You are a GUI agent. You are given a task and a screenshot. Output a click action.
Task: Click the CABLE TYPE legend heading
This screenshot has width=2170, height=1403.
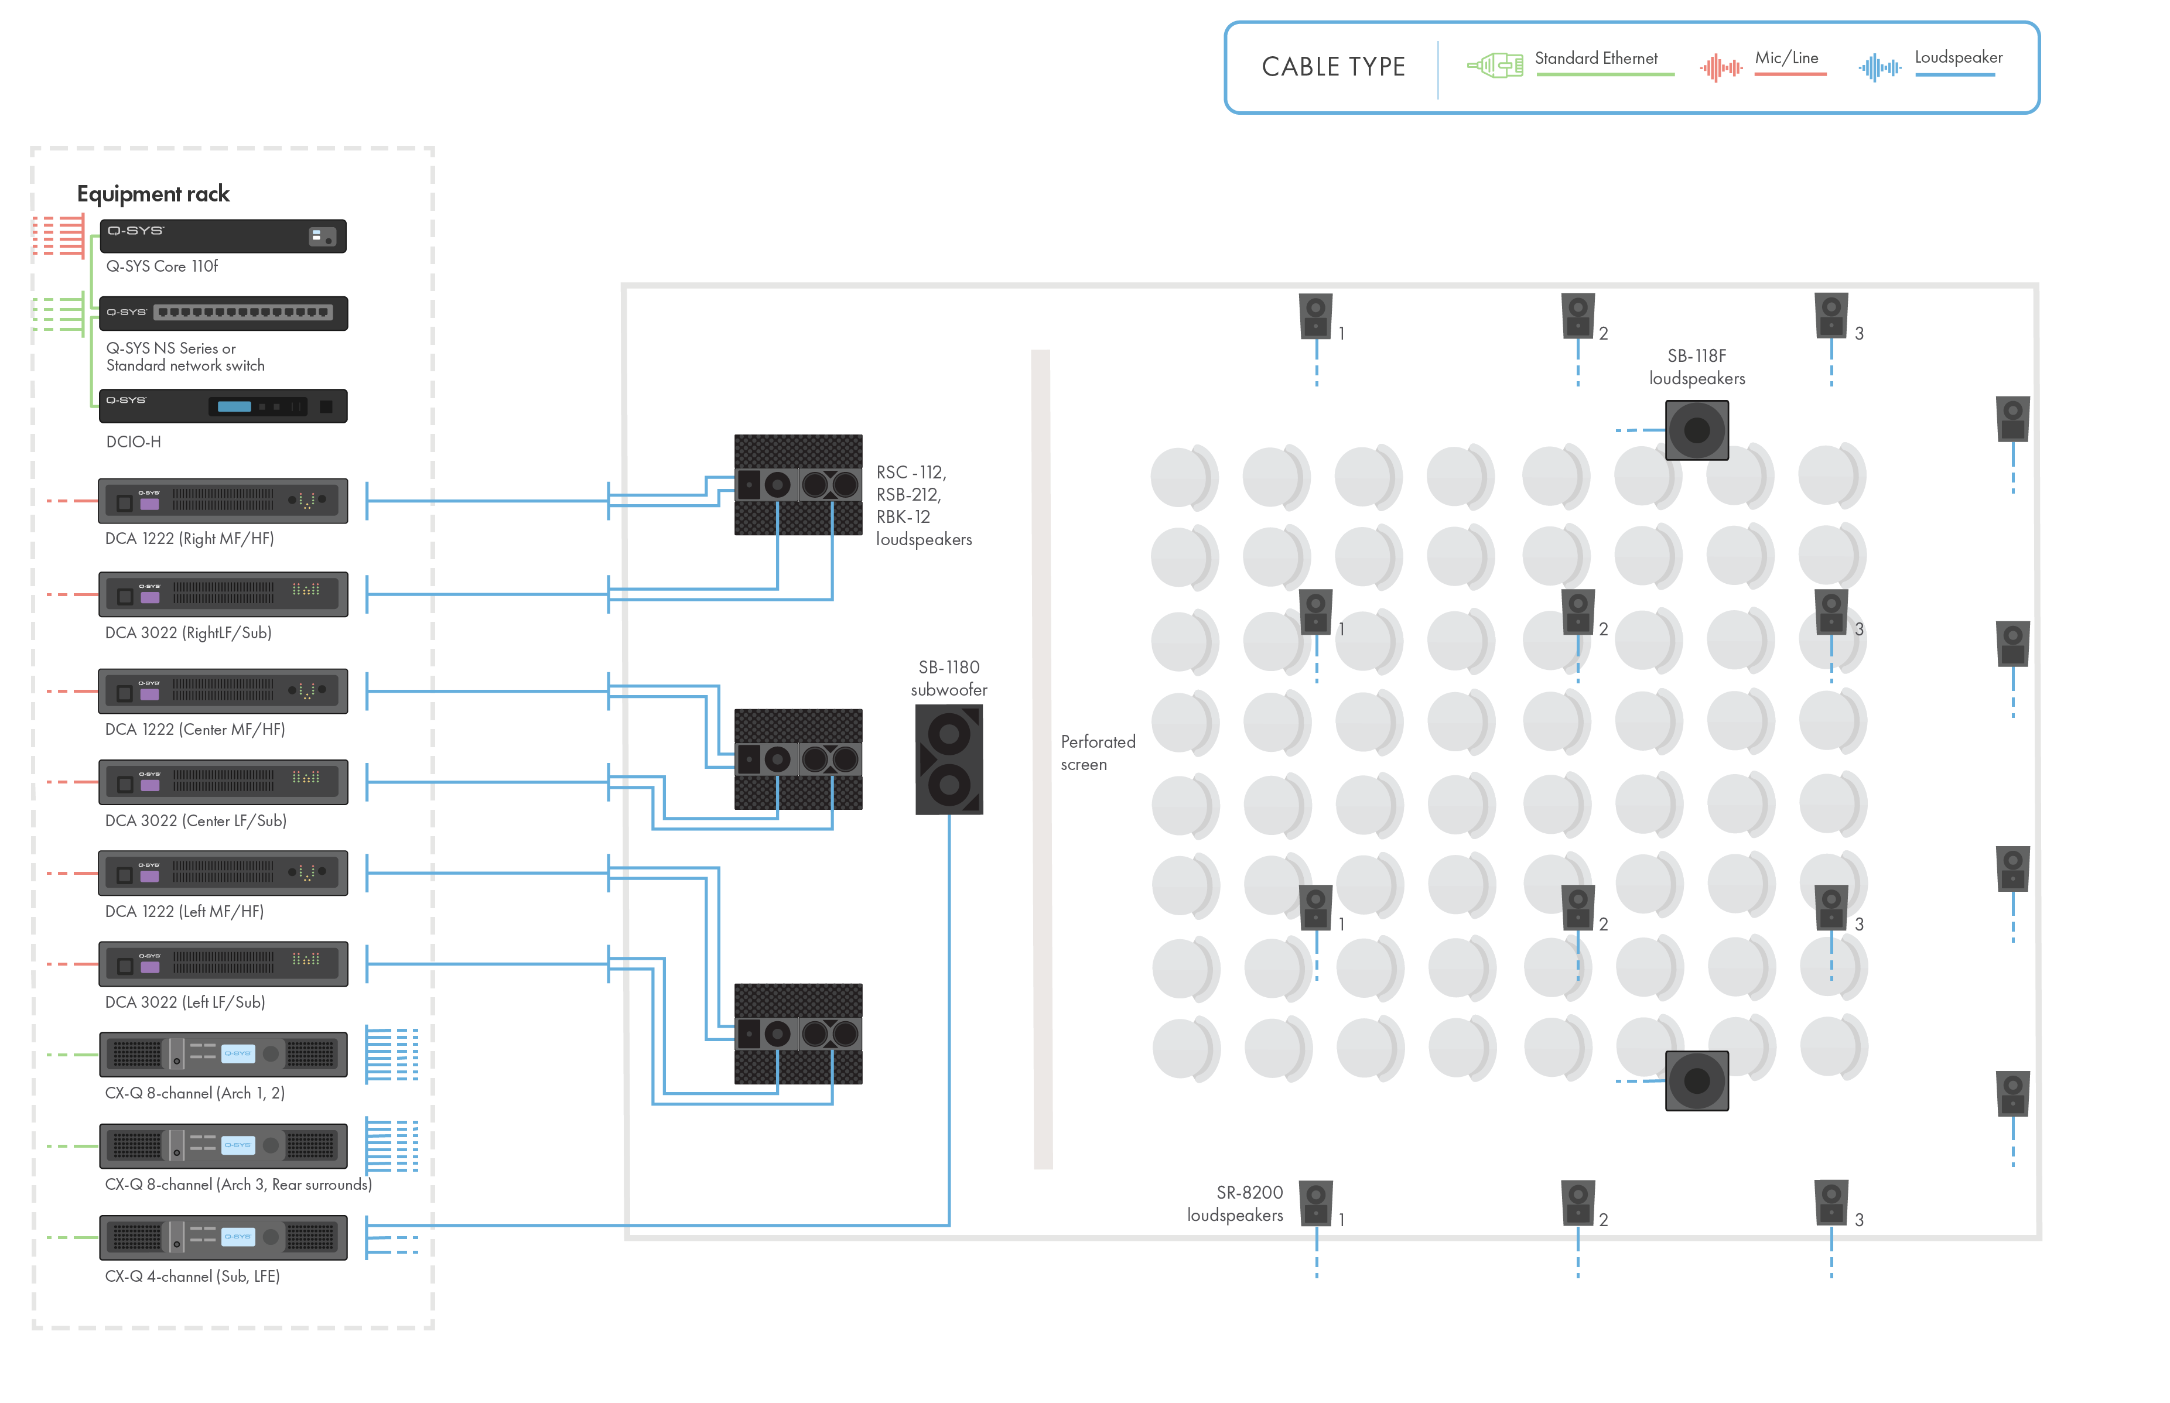click(x=1333, y=67)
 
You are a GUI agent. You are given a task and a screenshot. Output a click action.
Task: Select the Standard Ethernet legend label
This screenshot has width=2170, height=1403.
click(x=1596, y=59)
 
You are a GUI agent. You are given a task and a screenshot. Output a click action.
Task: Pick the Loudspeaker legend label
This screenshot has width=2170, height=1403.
click(x=1959, y=57)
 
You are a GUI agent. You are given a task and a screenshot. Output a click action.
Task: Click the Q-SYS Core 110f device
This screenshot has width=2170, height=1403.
click(x=223, y=236)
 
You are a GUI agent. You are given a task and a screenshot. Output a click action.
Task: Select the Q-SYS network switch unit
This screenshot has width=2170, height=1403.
click(x=223, y=313)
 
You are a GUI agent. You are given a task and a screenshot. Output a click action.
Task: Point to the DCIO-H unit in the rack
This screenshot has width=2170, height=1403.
click(x=223, y=406)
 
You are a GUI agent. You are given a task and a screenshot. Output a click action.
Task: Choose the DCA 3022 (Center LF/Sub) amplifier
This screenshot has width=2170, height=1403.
click(x=223, y=782)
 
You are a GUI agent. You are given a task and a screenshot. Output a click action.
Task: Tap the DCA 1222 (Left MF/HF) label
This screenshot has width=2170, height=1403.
click(x=184, y=911)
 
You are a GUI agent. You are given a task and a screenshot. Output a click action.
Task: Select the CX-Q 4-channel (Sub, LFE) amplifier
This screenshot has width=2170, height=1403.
click(x=223, y=1237)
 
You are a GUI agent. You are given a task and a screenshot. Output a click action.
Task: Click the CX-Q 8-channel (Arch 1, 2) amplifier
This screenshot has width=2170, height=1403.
click(x=223, y=1054)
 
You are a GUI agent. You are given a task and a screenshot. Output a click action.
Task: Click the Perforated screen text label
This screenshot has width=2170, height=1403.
click(x=1097, y=752)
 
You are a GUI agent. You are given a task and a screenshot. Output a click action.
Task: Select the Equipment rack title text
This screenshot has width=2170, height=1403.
click(x=153, y=194)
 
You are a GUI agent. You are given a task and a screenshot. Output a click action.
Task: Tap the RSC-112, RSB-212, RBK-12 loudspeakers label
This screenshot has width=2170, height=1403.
click(x=923, y=505)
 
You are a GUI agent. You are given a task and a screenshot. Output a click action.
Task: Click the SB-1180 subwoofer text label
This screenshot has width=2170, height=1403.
click(x=948, y=679)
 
